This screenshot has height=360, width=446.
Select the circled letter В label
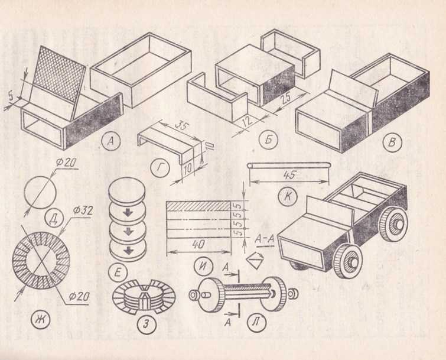click(x=392, y=141)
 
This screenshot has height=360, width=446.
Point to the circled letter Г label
click(x=160, y=168)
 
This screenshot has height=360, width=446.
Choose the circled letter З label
click(x=146, y=324)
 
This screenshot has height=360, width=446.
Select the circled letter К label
click(x=288, y=196)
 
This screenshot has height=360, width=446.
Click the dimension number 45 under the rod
click(x=289, y=175)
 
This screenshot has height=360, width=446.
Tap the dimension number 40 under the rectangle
click(x=198, y=244)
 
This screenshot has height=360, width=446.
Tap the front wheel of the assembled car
click(x=346, y=261)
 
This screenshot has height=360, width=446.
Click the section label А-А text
click(x=265, y=239)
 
